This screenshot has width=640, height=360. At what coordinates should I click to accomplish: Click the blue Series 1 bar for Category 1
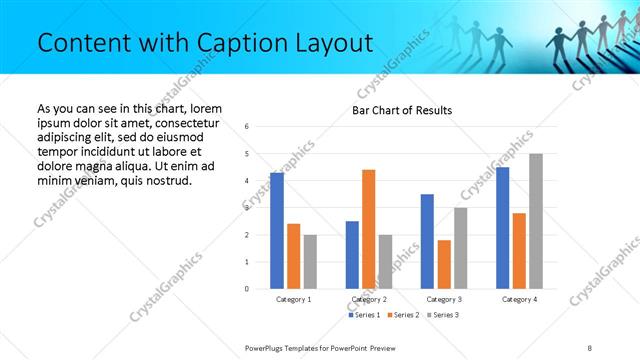coord(277,231)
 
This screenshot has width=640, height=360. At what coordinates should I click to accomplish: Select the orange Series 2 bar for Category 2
coord(368,229)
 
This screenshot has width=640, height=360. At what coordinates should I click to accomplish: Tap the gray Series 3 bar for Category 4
coord(536,221)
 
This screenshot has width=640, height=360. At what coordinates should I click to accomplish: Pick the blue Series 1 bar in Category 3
coord(427,241)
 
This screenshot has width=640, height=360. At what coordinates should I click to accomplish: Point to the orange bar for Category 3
coord(444,264)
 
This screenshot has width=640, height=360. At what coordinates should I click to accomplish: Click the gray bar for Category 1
coord(310,262)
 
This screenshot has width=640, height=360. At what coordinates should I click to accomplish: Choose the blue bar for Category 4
coord(502,228)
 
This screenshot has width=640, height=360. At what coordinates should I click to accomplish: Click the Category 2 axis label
coord(369,299)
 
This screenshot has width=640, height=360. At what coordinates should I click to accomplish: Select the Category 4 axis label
coord(519,299)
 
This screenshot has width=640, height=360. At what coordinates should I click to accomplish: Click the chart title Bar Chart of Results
coord(402,110)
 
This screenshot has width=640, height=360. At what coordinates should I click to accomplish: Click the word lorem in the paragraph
coord(204,108)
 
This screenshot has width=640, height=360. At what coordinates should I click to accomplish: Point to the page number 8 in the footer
coord(590,346)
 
